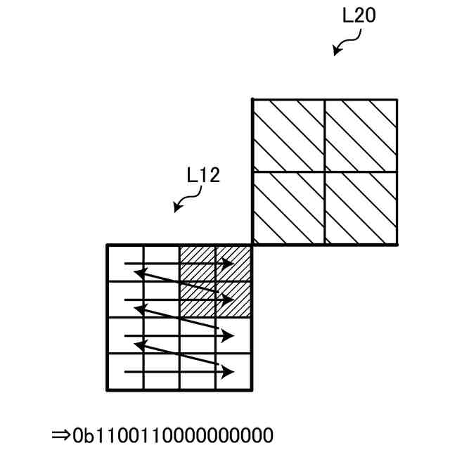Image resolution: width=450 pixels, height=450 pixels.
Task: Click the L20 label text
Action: pos(359,16)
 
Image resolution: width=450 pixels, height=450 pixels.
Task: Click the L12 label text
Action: pos(203,175)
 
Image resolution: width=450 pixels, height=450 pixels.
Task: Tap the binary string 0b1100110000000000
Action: pos(172,434)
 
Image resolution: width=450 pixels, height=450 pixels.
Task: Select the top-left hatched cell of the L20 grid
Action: pos(288,136)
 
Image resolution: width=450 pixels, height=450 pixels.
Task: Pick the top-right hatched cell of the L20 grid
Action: pos(360,136)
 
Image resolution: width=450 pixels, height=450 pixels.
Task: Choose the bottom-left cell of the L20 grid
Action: pos(288,208)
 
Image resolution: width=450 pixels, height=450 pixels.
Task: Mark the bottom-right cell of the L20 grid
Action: pos(360,208)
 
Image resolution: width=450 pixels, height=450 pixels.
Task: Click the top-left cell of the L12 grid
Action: pos(125,263)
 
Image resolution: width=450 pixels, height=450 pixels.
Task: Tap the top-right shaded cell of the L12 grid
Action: pos(233,263)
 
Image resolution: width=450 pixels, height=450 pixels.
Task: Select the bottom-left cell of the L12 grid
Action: pos(125,371)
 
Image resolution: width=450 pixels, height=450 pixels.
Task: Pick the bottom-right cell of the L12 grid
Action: pos(233,371)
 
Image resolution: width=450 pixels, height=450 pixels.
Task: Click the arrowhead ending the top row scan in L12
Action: pos(229,264)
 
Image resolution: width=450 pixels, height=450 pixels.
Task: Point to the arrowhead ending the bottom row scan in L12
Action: pos(229,371)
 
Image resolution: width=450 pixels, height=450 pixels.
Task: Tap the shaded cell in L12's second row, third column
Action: pos(198,299)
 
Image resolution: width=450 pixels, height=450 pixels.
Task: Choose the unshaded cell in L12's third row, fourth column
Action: pos(233,335)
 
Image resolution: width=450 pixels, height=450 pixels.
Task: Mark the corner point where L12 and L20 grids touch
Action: pos(252,245)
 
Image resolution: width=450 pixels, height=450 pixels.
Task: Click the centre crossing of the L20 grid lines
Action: pos(324,172)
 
